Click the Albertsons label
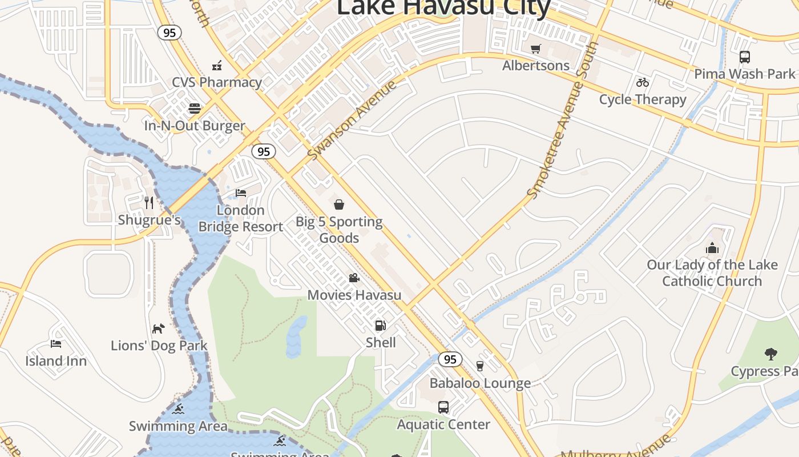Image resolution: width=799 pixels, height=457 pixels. coord(536,66)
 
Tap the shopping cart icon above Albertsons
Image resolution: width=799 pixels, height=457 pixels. coord(535,49)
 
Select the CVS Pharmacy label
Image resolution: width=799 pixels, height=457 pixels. coord(217,82)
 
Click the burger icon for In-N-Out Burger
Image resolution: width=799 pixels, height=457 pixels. coord(195,109)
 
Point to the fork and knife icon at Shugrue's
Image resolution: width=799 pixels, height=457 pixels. coord(149,203)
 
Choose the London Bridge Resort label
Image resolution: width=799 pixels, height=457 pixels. coord(241,219)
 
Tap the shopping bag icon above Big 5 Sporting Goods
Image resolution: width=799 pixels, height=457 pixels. coord(339,205)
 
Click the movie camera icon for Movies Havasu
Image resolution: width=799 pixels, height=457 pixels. coord(354,278)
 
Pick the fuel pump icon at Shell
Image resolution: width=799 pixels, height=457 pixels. coord(380,326)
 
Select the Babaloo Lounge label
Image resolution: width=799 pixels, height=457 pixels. coord(480,383)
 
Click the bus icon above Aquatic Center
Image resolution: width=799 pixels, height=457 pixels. coord(443,407)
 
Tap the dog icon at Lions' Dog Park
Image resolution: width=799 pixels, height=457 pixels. coord(158,328)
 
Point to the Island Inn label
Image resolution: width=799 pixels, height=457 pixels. coord(56,361)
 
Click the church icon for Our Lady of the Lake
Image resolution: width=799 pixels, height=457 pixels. coord(712,248)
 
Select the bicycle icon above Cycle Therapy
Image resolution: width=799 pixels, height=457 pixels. coord(643,82)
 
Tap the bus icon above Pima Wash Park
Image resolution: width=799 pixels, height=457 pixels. coord(744,57)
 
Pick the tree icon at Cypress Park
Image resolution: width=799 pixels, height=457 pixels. coord(770,354)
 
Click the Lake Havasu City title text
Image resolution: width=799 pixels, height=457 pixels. coord(443,7)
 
